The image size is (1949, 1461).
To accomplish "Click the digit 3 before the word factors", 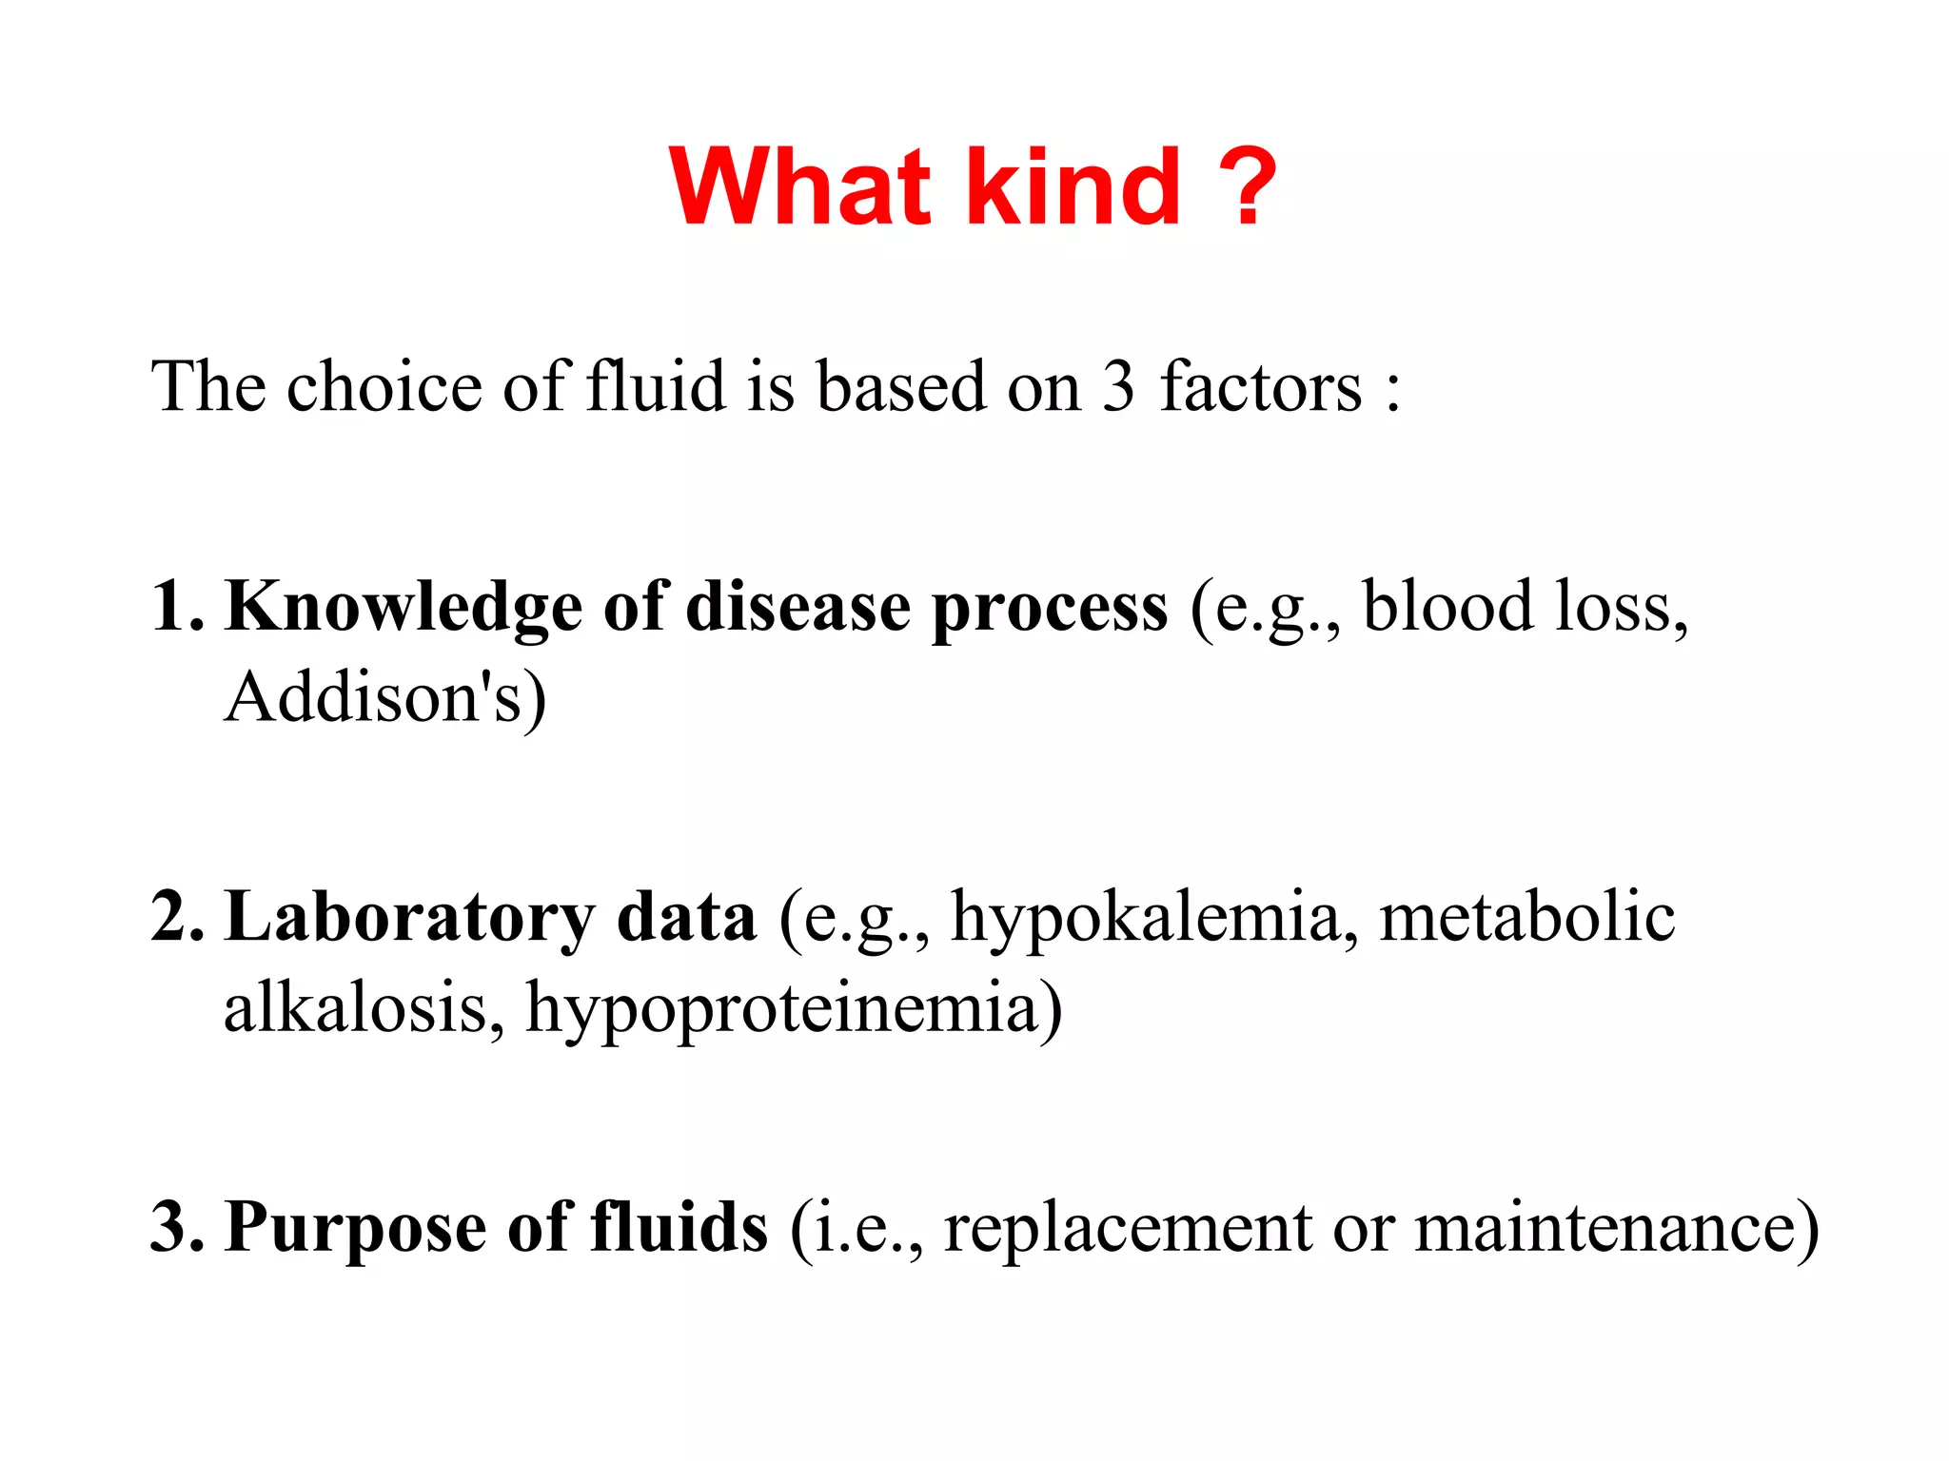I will click(x=1118, y=388).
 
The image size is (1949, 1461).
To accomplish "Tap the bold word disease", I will click(x=797, y=607).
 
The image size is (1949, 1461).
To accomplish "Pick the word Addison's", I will click(x=373, y=697).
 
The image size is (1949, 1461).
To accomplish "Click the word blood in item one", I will click(x=1447, y=607).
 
